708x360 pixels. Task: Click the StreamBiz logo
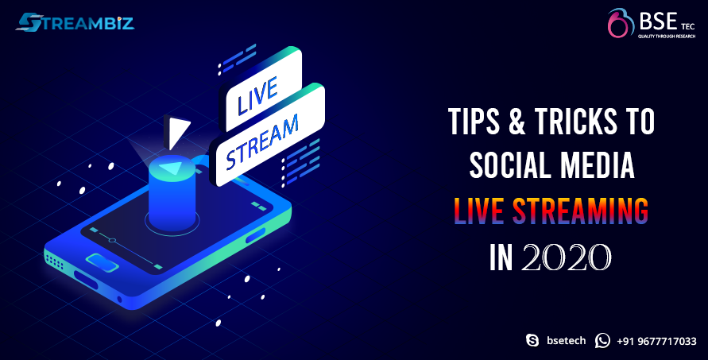click(75, 22)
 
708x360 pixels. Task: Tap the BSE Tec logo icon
click(621, 23)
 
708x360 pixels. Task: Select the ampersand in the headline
click(516, 122)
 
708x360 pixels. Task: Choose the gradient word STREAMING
click(581, 211)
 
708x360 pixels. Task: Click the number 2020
click(566, 257)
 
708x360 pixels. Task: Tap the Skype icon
click(532, 341)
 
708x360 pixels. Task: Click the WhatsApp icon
click(602, 341)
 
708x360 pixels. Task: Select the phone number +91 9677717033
click(656, 341)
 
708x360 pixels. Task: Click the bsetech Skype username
click(567, 341)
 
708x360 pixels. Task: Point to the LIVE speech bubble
click(260, 91)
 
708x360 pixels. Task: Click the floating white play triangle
click(176, 131)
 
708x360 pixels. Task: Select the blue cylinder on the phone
click(172, 193)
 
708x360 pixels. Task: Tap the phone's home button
click(103, 262)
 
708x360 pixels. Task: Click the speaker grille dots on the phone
click(53, 261)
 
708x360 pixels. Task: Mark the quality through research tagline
click(666, 36)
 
